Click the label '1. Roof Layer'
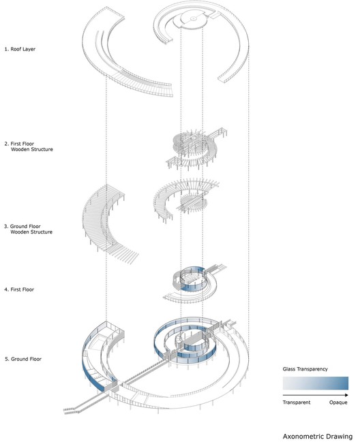[20, 49]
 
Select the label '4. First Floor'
[19, 289]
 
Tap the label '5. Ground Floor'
[23, 359]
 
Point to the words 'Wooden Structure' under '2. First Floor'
[32, 149]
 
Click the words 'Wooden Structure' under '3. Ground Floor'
[31, 232]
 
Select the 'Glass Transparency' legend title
[305, 369]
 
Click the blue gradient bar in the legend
[316, 383]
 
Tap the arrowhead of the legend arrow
[346, 395]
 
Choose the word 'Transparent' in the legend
[296, 402]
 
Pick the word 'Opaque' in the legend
[338, 402]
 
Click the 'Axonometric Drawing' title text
[318, 437]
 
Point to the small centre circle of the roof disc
[193, 18]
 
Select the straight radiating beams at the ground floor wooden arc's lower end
[125, 254]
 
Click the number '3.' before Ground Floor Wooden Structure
[6, 226]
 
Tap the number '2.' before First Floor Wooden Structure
[7, 144]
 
